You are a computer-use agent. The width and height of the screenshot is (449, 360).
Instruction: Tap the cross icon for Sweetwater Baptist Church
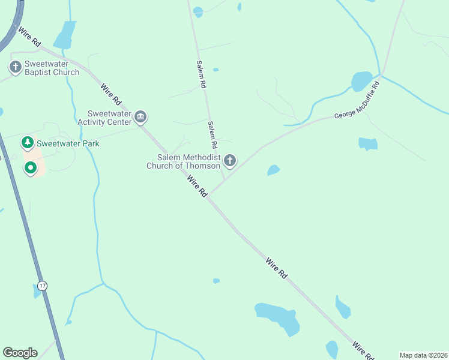click(x=15, y=66)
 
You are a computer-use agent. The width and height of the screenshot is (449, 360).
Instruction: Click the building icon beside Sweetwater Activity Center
click(x=141, y=116)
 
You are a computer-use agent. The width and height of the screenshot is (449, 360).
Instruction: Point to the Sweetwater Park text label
click(x=68, y=143)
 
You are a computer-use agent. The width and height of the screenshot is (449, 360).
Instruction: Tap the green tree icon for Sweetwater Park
click(x=27, y=143)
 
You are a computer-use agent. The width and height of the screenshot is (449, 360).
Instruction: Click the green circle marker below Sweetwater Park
click(x=29, y=169)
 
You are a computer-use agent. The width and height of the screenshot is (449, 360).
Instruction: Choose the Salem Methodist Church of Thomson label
click(x=183, y=161)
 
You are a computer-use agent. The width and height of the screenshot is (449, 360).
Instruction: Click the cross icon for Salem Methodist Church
click(x=229, y=161)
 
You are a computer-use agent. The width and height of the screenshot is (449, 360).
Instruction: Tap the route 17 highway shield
click(x=41, y=285)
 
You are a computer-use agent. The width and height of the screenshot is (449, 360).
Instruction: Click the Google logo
click(x=20, y=353)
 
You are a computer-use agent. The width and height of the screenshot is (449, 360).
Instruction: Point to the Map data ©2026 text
click(x=423, y=355)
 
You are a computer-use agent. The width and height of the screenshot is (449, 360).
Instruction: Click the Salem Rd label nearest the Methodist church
click(x=212, y=135)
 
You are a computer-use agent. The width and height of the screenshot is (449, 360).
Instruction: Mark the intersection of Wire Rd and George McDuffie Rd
click(x=209, y=196)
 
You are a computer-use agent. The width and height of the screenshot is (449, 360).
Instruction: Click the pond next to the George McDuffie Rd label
click(x=361, y=81)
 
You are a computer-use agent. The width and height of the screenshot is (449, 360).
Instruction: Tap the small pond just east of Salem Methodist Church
click(x=274, y=170)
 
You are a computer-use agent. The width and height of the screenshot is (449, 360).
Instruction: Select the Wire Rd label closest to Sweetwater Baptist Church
click(x=29, y=37)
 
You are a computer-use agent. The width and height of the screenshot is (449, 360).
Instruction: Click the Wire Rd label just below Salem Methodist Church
click(x=196, y=186)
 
